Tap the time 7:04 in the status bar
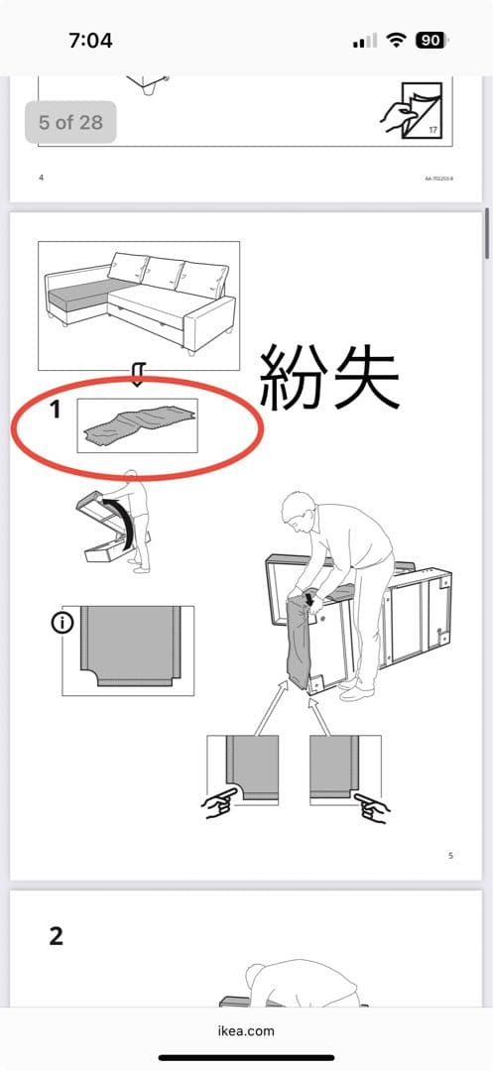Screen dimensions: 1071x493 (x=90, y=41)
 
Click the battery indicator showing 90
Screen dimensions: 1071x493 (x=431, y=41)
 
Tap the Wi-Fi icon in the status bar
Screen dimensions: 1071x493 (x=397, y=41)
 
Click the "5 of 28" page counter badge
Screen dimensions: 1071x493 (x=69, y=123)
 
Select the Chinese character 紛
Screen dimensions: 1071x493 (x=295, y=377)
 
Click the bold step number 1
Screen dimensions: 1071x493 (x=57, y=409)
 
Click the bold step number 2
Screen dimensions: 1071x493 (x=57, y=935)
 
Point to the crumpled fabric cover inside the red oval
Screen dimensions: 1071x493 (x=138, y=424)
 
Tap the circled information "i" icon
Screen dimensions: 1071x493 (x=62, y=624)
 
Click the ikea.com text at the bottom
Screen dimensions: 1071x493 (x=246, y=1030)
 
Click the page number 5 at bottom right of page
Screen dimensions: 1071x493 (x=450, y=855)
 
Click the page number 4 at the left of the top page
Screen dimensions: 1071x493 (x=41, y=178)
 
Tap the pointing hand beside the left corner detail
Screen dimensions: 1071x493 (x=220, y=804)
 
